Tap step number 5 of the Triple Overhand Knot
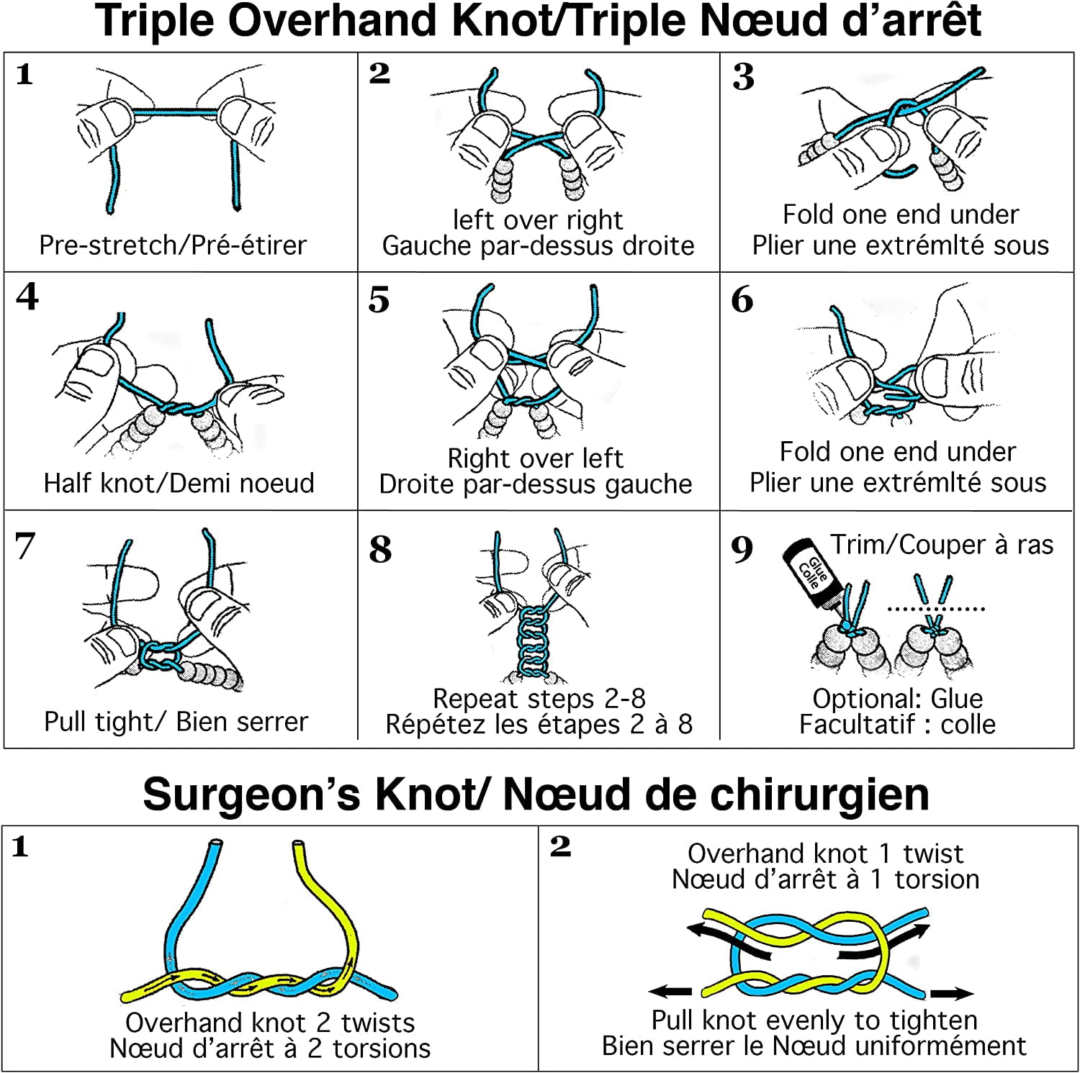(379, 299)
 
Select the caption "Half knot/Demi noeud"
(179, 483)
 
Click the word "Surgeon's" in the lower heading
(251, 794)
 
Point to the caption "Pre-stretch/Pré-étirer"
(173, 245)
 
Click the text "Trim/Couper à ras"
(941, 545)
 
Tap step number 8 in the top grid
(380, 550)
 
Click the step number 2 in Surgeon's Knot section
(560, 846)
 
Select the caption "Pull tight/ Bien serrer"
(176, 721)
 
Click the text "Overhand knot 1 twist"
(825, 854)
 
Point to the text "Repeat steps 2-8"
(539, 698)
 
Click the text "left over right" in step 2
(537, 219)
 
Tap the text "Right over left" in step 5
(535, 458)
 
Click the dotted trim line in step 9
(935, 609)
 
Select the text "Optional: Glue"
(897, 698)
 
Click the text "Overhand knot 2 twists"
(270, 1023)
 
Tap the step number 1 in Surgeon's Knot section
(20, 846)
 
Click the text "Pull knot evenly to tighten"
(814, 1020)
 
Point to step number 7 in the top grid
(24, 545)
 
